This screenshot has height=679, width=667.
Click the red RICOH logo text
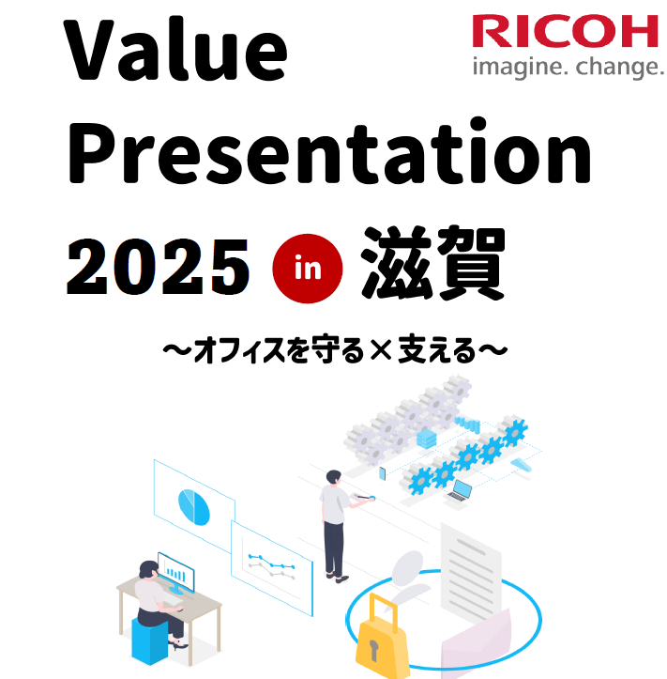565,31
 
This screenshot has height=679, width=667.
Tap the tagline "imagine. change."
568,68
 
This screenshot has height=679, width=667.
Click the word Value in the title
175,50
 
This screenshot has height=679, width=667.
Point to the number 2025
158,267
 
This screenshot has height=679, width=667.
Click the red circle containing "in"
308,269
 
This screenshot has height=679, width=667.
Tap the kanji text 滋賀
433,263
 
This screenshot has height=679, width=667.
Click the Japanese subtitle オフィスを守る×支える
335,350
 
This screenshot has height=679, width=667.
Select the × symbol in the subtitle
381,350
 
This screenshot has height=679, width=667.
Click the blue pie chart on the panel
194,507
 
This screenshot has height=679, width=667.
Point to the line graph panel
272,567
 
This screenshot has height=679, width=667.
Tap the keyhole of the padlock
373,651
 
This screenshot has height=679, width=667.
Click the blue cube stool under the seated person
149,640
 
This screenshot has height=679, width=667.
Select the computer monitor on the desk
176,571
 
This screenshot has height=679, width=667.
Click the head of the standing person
334,477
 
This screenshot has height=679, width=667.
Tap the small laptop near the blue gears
460,491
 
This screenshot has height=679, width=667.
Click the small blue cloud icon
522,465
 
